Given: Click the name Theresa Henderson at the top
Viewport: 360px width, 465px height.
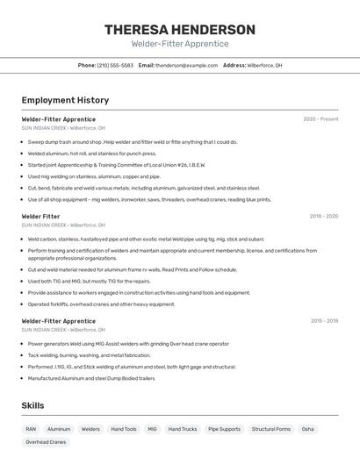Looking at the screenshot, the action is pyautogui.click(x=180, y=30).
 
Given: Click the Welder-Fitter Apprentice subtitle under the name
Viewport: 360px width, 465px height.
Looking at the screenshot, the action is pyautogui.click(x=180, y=44).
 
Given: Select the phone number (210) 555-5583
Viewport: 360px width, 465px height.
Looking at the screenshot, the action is pyautogui.click(x=115, y=65).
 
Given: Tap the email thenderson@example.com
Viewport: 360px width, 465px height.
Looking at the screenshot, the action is pyautogui.click(x=186, y=65).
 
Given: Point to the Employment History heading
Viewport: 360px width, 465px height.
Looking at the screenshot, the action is pyautogui.click(x=65, y=101).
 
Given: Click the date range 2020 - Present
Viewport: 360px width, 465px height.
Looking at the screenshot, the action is pyautogui.click(x=320, y=119).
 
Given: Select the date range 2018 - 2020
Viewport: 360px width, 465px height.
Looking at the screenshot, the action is pyautogui.click(x=323, y=216).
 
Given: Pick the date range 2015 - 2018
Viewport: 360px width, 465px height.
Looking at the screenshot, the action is pyautogui.click(x=323, y=321).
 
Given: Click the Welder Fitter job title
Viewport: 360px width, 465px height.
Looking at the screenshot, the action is pyautogui.click(x=40, y=216).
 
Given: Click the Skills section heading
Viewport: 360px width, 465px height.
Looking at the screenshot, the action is pyautogui.click(x=32, y=405).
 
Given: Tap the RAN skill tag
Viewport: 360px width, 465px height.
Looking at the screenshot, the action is pyautogui.click(x=31, y=429).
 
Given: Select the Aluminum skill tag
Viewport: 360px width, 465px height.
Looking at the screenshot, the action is pyautogui.click(x=59, y=429).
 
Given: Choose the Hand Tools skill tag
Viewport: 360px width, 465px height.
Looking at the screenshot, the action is pyautogui.click(x=124, y=429).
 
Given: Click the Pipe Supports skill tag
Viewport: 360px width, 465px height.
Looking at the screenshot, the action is pyautogui.click(x=224, y=429).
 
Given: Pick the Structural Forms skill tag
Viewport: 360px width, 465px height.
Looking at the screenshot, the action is pyautogui.click(x=270, y=429).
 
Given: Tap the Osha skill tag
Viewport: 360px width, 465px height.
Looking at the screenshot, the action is pyautogui.click(x=307, y=429).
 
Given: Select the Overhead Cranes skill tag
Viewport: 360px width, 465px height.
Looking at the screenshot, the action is pyautogui.click(x=46, y=442).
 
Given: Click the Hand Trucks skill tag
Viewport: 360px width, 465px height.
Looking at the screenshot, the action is pyautogui.click(x=183, y=429).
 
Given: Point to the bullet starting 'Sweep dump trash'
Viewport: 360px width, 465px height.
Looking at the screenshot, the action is pyautogui.click(x=133, y=142).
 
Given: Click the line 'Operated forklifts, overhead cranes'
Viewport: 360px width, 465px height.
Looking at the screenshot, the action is pyautogui.click(x=101, y=304).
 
